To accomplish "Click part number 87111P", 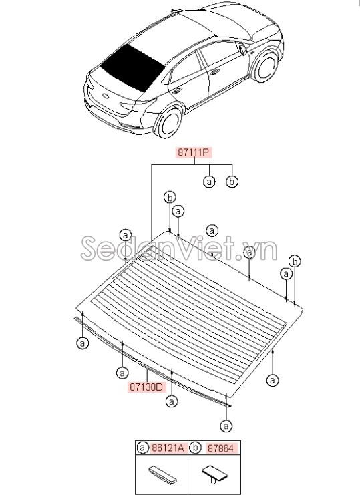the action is (193, 153).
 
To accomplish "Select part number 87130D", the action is (147, 387).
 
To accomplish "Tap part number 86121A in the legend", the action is (167, 448).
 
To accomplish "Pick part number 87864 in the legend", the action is (220, 448).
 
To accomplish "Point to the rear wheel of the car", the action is (169, 122).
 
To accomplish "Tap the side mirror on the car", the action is (243, 50).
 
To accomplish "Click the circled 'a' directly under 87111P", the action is (209, 182).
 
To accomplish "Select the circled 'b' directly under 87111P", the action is (232, 182).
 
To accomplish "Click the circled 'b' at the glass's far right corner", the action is (295, 261).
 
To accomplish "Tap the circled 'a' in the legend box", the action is (143, 448).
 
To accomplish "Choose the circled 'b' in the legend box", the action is (196, 448).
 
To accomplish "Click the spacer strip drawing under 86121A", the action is (162, 474).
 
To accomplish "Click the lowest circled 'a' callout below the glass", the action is (226, 426).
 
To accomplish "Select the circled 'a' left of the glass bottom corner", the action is (83, 343).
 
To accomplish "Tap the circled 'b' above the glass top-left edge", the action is (170, 198).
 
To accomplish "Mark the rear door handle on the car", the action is (177, 92).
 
